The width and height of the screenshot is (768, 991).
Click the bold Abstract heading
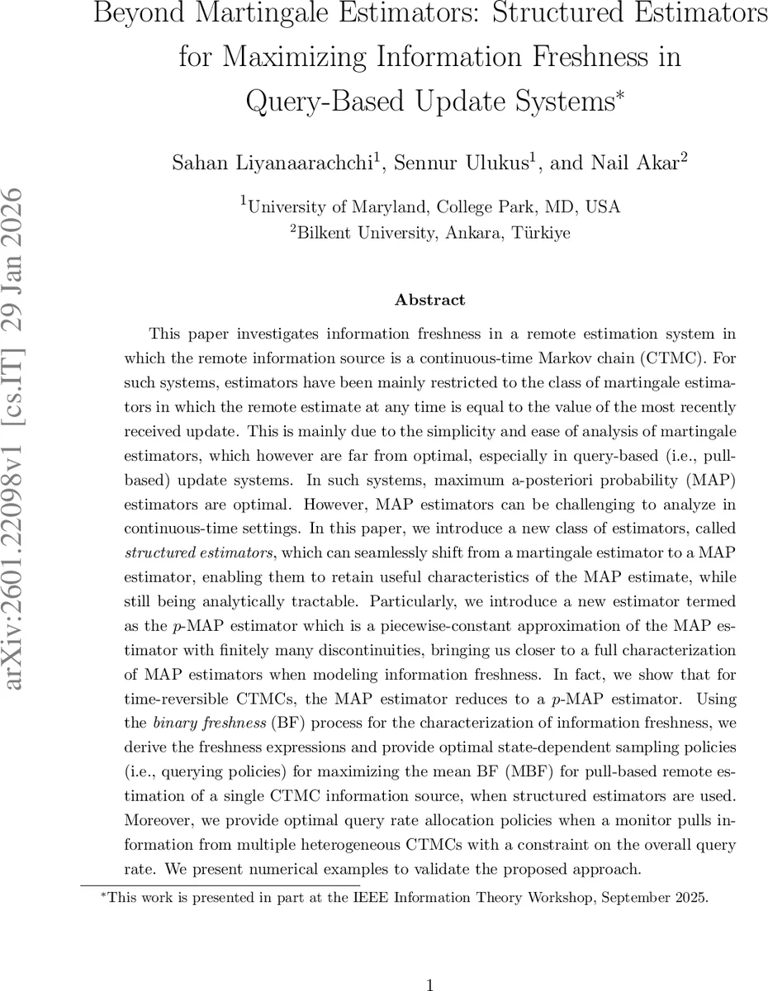click(429, 301)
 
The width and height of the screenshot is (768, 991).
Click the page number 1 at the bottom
click(429, 984)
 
